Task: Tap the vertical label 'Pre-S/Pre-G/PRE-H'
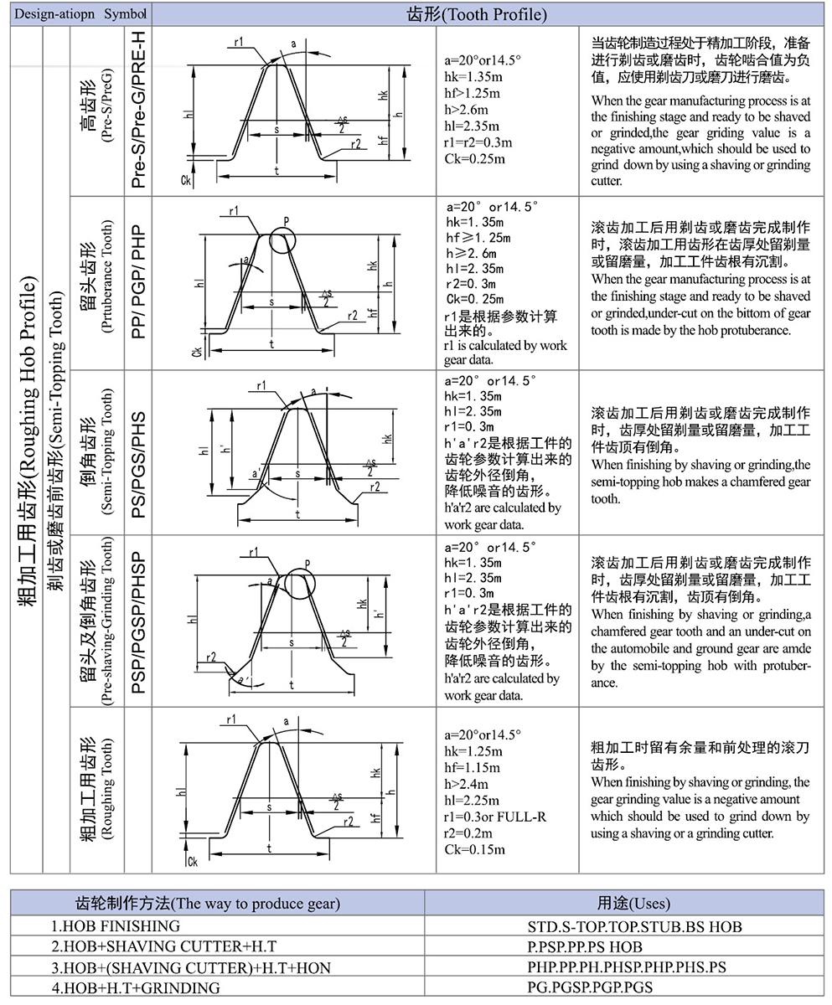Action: point(138,110)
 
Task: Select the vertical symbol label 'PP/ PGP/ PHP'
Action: point(138,281)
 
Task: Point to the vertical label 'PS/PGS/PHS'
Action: point(138,452)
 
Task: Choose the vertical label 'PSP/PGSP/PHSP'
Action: point(138,622)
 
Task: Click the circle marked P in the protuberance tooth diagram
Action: point(284,241)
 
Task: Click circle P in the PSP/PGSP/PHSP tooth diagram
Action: point(300,582)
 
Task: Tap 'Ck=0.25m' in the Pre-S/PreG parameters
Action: point(474,158)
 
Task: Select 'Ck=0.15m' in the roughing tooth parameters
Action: point(474,850)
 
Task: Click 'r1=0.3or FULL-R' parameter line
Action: point(495,817)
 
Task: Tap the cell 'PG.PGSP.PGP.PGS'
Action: point(590,987)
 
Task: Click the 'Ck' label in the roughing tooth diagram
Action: point(193,860)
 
